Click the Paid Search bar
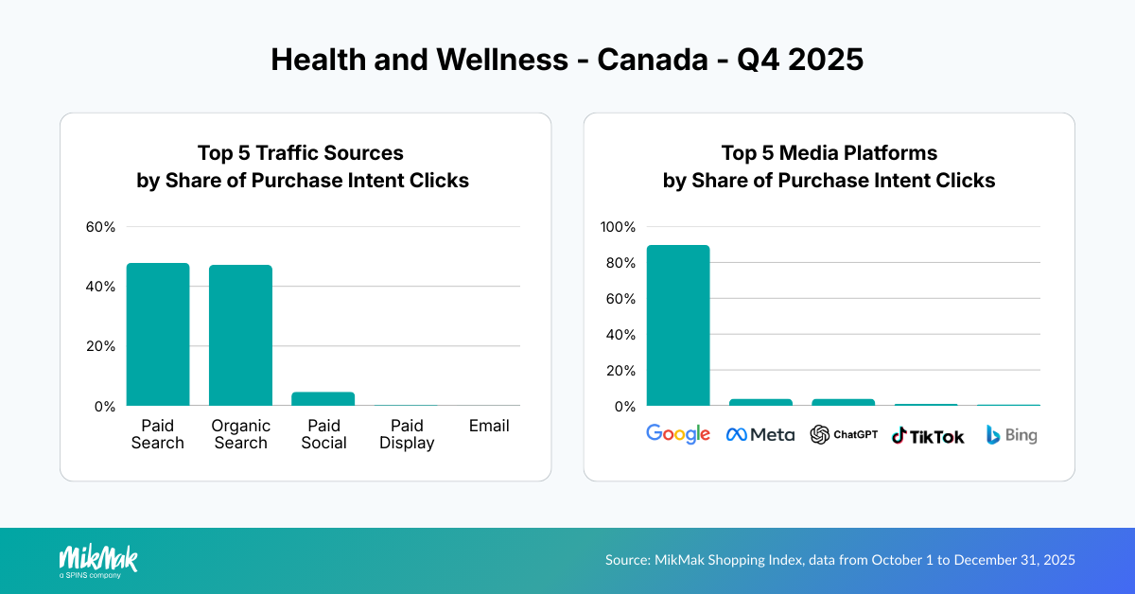158,335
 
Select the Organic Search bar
240,336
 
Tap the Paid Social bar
323,399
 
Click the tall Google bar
678,325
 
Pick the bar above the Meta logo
760,402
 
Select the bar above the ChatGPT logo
843,402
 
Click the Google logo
678,434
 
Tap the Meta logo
760,435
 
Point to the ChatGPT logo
844,435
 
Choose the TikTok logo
928,436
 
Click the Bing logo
1011,435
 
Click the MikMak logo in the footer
98,560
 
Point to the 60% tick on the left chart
100,227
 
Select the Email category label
489,426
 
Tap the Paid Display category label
407,434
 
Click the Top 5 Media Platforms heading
829,153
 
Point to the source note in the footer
840,560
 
